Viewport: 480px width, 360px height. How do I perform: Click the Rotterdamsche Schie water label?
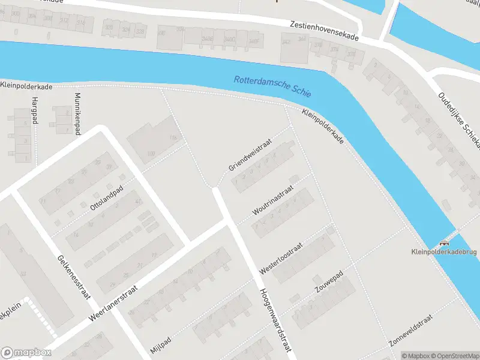[273, 86]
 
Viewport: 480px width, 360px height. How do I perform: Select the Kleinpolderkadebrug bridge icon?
[444, 243]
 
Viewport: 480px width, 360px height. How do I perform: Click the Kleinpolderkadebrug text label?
[443, 252]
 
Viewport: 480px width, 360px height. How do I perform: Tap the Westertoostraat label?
[281, 259]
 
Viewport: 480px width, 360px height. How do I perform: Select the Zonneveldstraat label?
[411, 331]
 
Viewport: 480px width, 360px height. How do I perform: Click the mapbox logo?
[26, 353]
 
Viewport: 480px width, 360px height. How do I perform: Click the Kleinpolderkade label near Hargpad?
[26, 87]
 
